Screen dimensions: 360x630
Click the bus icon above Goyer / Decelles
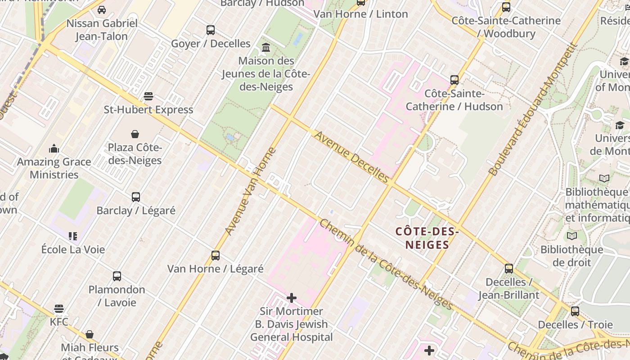pyautogui.click(x=211, y=30)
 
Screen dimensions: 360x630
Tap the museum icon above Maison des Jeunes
pyautogui.click(x=266, y=47)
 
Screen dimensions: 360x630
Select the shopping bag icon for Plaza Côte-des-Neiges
pyautogui.click(x=135, y=134)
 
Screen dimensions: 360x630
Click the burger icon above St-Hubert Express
pyautogui.click(x=148, y=96)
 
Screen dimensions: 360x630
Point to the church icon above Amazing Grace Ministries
pyautogui.click(x=54, y=148)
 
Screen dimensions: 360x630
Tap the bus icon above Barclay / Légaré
pyautogui.click(x=136, y=197)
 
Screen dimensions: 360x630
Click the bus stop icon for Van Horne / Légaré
pyautogui.click(x=216, y=256)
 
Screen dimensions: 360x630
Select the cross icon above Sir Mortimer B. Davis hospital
pyautogui.click(x=292, y=298)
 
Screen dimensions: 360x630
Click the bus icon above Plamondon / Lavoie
pyautogui.click(x=117, y=276)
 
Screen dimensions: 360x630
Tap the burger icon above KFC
pyautogui.click(x=59, y=309)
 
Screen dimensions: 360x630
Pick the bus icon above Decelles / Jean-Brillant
pyautogui.click(x=509, y=269)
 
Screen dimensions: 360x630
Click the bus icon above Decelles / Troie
pyautogui.click(x=575, y=311)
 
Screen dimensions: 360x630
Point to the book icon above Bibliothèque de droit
pyautogui.click(x=572, y=236)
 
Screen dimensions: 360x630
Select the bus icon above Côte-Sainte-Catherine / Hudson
pyautogui.click(x=454, y=80)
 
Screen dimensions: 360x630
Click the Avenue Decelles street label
pyautogui.click(x=351, y=157)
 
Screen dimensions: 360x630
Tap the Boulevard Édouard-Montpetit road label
pyautogui.click(x=532, y=109)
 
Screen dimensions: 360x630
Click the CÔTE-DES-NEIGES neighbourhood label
pyautogui.click(x=427, y=238)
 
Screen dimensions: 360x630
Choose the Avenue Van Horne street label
pyautogui.click(x=250, y=191)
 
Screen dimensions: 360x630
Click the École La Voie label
pyautogui.click(x=73, y=249)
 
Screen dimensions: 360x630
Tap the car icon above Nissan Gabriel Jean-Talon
pyautogui.click(x=102, y=10)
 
